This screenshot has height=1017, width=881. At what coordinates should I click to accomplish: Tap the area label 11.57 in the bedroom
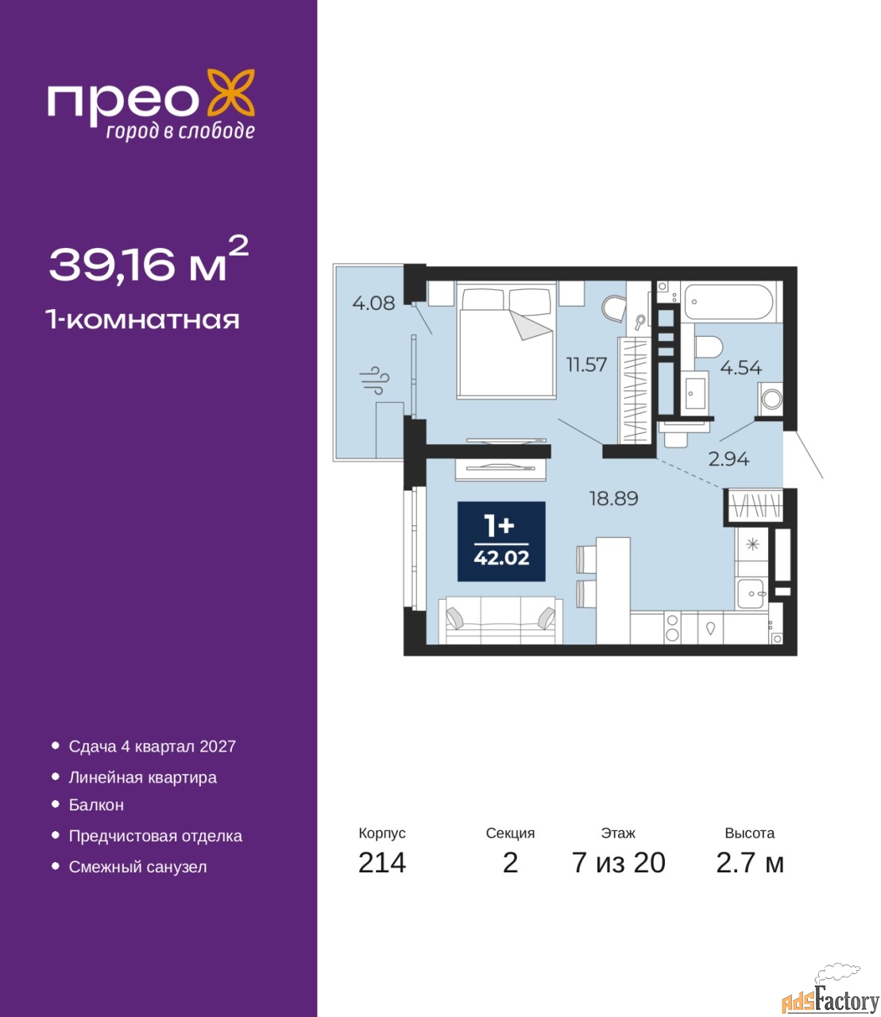click(586, 365)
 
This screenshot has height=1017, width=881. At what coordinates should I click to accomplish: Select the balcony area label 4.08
click(374, 303)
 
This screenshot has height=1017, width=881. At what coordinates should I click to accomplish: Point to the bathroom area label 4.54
click(741, 368)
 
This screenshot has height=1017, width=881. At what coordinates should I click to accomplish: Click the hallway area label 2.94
click(728, 459)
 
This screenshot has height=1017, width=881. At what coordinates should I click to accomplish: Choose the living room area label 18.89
click(614, 498)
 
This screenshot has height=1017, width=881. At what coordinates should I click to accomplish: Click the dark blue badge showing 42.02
click(501, 541)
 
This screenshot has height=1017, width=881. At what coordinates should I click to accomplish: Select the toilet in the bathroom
click(709, 347)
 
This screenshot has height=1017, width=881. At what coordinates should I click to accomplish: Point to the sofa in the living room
click(500, 620)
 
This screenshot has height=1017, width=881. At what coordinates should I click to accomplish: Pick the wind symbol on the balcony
click(374, 380)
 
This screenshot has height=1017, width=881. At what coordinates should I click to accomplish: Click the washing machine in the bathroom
click(771, 399)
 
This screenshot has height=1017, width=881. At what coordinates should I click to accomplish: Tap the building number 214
click(382, 863)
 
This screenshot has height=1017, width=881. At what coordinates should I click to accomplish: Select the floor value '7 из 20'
click(618, 863)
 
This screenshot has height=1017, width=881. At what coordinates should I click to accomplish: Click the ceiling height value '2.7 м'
click(750, 863)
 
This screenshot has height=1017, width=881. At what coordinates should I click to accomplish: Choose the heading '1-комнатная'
click(143, 320)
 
